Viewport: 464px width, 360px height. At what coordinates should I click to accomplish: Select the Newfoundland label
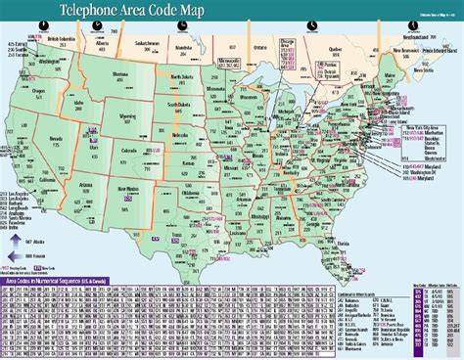[x=412, y=30]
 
